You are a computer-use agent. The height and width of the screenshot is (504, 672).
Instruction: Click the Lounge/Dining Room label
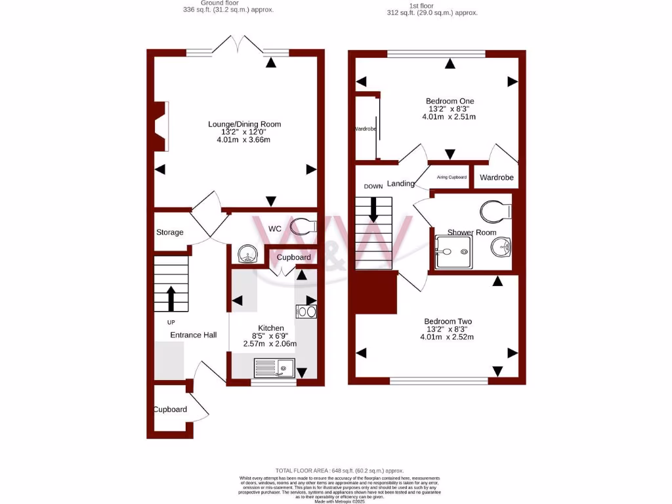[x=244, y=124]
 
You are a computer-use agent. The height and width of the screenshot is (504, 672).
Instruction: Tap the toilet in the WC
[x=305, y=226]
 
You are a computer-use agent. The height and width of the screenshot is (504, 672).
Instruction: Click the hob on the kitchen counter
[x=306, y=312]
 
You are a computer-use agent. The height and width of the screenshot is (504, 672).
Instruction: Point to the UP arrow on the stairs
[x=171, y=298]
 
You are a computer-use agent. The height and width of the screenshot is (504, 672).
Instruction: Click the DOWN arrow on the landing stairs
[x=373, y=209]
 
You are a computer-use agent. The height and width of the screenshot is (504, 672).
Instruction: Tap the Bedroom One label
[x=450, y=101]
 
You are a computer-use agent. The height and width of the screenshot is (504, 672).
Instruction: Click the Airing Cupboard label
[x=451, y=177]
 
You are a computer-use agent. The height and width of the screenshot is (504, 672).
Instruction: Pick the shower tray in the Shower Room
[x=453, y=251]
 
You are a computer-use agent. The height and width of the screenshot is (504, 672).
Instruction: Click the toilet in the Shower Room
[x=494, y=211]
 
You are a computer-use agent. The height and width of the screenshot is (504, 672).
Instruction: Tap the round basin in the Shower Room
[x=502, y=247]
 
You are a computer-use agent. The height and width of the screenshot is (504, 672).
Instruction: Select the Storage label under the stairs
[x=169, y=232]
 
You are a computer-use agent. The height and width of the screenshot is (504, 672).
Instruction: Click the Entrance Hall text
[x=194, y=335]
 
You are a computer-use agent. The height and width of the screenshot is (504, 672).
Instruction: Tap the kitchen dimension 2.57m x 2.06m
[x=270, y=344]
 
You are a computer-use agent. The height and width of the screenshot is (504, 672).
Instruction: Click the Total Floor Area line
[x=339, y=471]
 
